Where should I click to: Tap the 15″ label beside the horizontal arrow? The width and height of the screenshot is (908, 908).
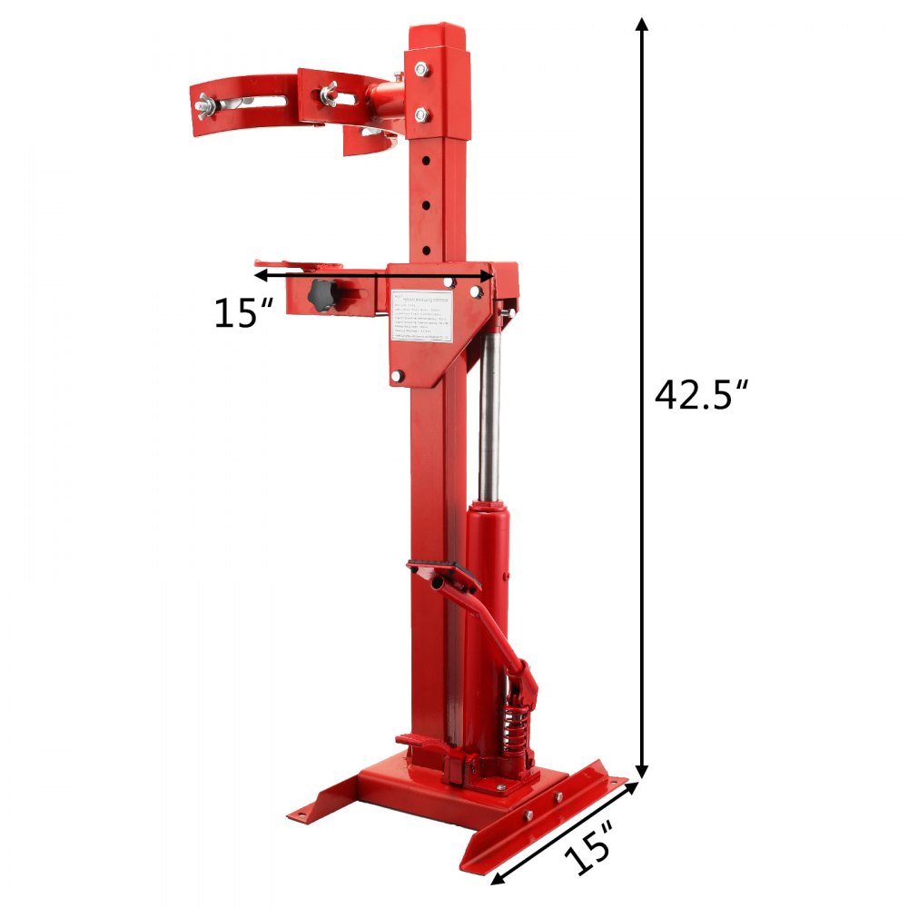pyautogui.click(x=243, y=313)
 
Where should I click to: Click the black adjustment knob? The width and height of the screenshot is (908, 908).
pyautogui.click(x=323, y=294)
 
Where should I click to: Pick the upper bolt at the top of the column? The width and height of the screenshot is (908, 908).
pyautogui.click(x=422, y=69)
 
